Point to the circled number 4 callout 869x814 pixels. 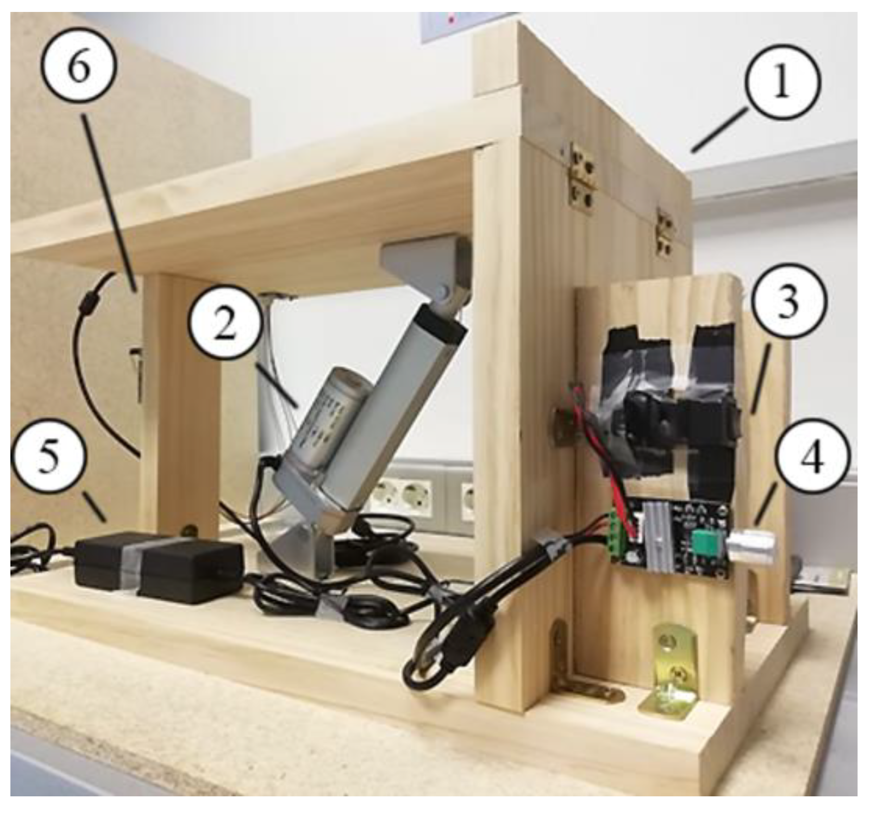point(813,457)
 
